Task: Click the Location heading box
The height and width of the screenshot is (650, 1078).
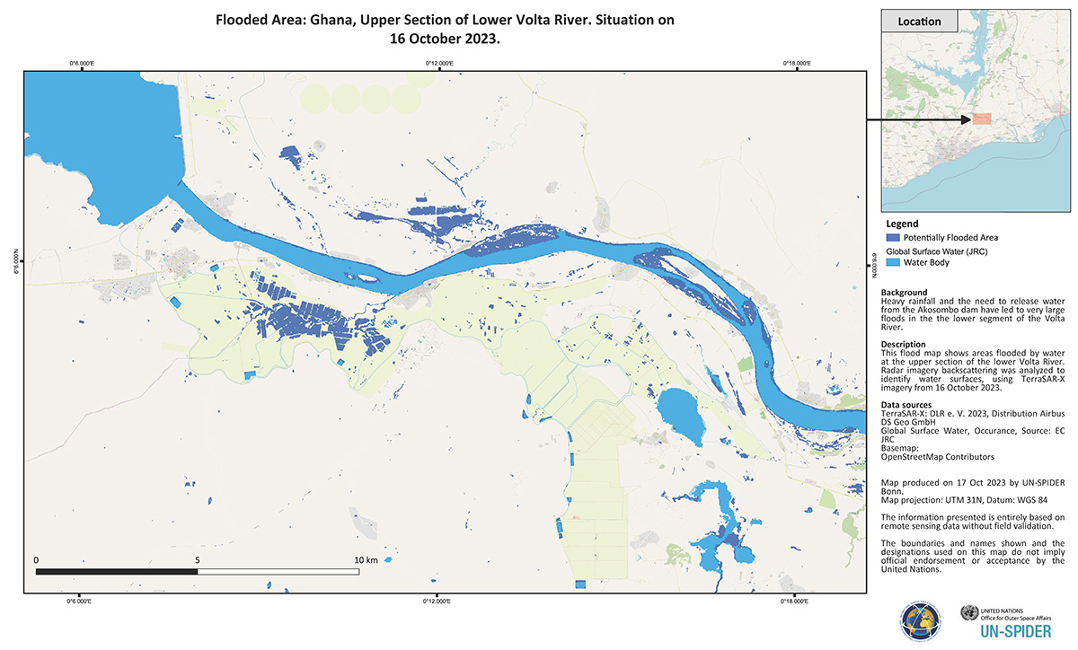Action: click(919, 22)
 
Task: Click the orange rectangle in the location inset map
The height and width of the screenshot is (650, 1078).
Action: click(982, 119)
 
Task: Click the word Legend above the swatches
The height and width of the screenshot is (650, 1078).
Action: click(901, 223)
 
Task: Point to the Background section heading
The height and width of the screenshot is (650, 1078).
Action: click(905, 293)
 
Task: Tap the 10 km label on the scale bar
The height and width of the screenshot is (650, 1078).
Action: click(366, 559)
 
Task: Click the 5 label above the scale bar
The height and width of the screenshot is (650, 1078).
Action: click(197, 559)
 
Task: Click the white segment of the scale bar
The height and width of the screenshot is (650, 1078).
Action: click(278, 571)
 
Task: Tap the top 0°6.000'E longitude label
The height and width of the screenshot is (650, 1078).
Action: click(82, 63)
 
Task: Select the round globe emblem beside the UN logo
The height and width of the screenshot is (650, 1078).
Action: click(919, 621)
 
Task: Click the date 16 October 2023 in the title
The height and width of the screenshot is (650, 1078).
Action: click(445, 40)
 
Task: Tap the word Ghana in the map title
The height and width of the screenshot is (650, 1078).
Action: click(334, 19)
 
